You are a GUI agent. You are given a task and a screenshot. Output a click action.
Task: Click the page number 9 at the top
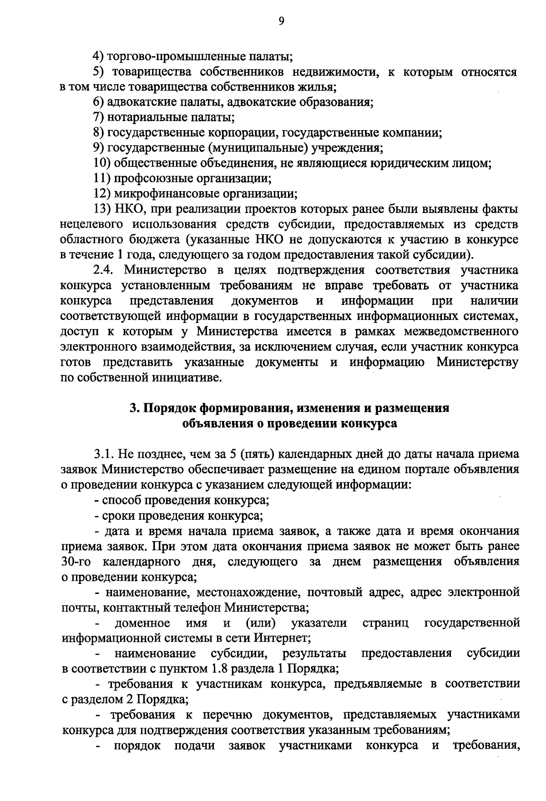pyautogui.click(x=281, y=21)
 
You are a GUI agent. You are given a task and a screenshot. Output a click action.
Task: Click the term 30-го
pyautogui.click(x=76, y=561)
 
